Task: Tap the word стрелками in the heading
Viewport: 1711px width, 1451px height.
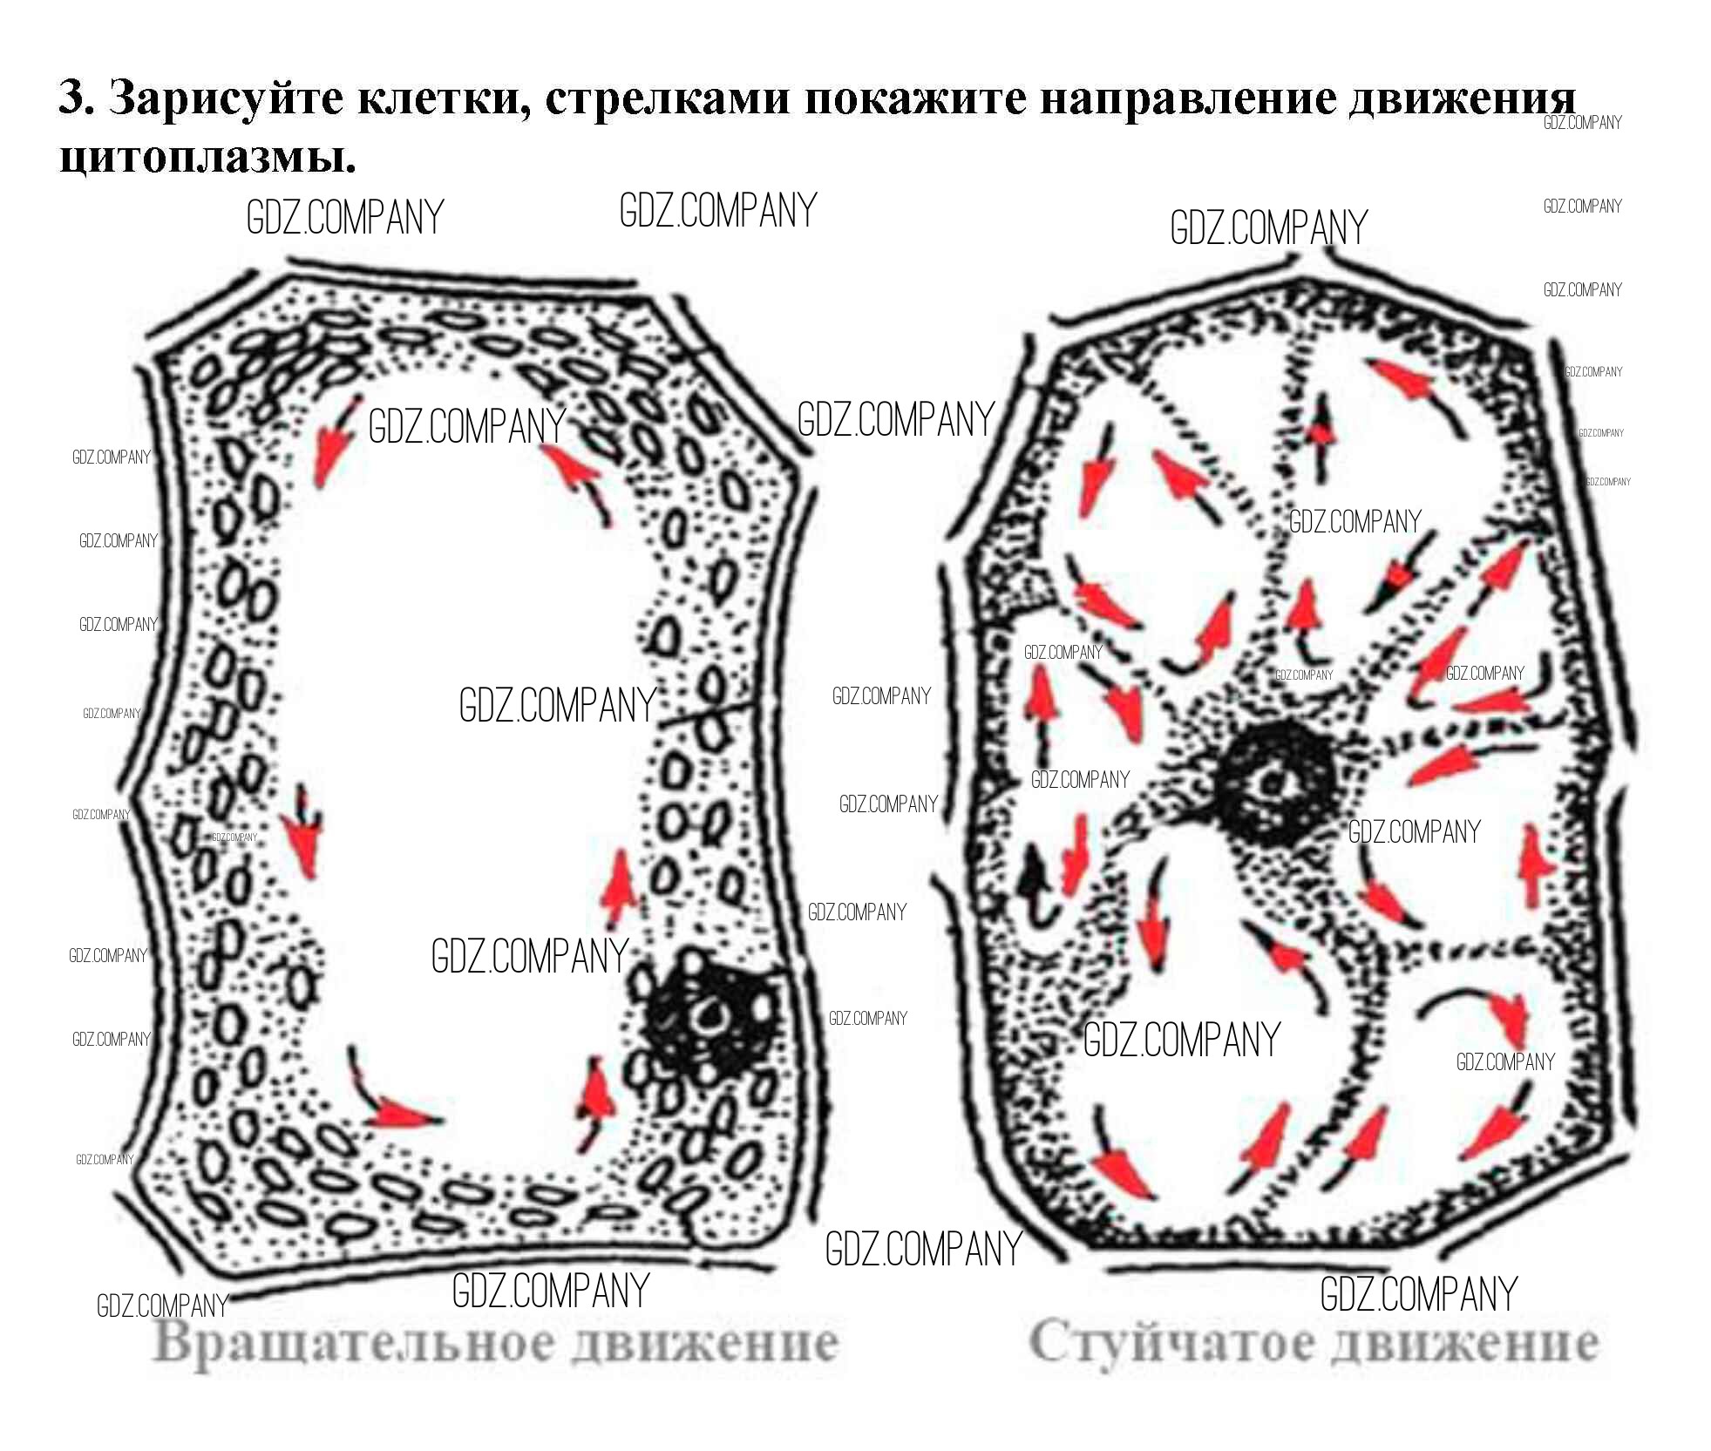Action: click(667, 98)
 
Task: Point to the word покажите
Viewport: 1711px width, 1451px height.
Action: click(915, 98)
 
